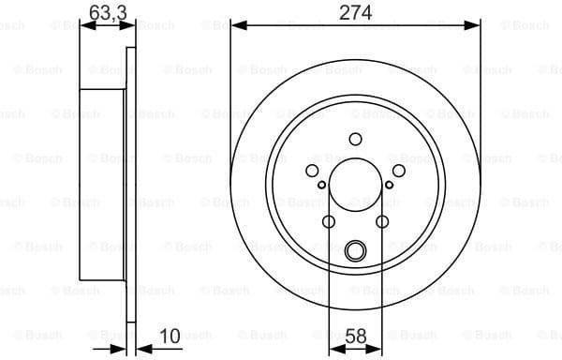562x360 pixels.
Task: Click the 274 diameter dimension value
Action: point(355,12)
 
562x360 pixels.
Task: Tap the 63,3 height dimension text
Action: point(104,12)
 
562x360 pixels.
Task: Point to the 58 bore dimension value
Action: point(356,335)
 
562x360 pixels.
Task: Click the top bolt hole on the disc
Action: point(355,140)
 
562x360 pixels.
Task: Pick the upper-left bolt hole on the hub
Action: point(313,170)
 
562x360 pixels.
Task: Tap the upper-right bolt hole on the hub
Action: point(397,170)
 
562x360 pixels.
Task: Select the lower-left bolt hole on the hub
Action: point(329,221)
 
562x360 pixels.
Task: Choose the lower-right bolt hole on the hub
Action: point(382,221)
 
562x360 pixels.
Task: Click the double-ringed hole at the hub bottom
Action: point(355,250)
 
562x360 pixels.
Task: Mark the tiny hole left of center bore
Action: point(321,185)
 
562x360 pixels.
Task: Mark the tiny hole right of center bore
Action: point(390,185)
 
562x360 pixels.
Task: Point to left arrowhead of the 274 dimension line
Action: point(235,26)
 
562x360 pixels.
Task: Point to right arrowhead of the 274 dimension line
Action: point(476,26)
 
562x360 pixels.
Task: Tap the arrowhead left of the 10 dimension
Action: point(120,349)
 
